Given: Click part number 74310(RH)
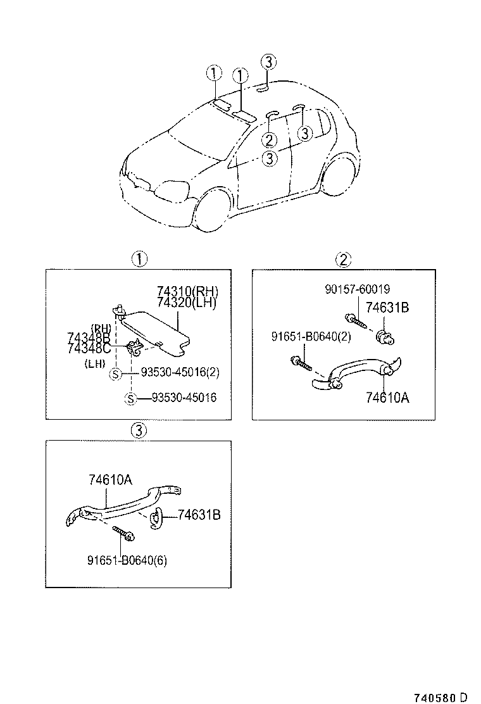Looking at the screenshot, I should [x=187, y=292].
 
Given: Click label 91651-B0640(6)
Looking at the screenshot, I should [x=127, y=560].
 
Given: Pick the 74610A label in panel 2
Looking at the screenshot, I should [x=387, y=398].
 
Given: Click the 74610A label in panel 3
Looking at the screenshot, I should [x=110, y=481].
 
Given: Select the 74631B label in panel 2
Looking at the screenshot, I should [x=387, y=308].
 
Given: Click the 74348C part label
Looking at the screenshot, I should [x=89, y=348].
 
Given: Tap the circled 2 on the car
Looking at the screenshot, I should [x=269, y=139].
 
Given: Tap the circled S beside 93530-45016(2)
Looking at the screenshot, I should [x=115, y=374].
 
